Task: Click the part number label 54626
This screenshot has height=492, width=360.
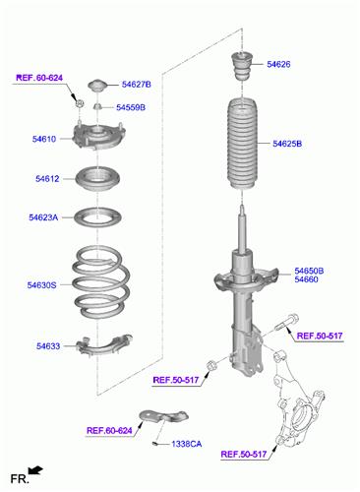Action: click(x=278, y=64)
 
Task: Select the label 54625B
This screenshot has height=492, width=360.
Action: click(x=287, y=144)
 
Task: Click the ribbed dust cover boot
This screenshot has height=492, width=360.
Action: click(x=242, y=144)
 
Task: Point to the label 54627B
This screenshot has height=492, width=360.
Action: click(x=137, y=85)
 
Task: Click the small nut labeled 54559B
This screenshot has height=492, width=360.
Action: click(x=97, y=106)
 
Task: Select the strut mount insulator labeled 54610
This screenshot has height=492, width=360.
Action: click(x=98, y=136)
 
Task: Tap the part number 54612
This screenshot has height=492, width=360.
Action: click(x=47, y=179)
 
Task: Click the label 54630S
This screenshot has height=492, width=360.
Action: click(x=41, y=285)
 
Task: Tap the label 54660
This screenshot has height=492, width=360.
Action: click(x=306, y=279)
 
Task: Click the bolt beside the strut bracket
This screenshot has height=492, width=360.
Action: click(x=287, y=322)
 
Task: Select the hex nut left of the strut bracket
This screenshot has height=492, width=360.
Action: click(x=211, y=365)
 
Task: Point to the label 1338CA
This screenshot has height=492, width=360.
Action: click(x=187, y=444)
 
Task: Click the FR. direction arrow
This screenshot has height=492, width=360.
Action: click(x=35, y=470)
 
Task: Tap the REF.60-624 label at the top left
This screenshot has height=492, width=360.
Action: click(x=39, y=78)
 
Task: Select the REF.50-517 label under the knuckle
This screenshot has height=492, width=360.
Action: click(x=244, y=455)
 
